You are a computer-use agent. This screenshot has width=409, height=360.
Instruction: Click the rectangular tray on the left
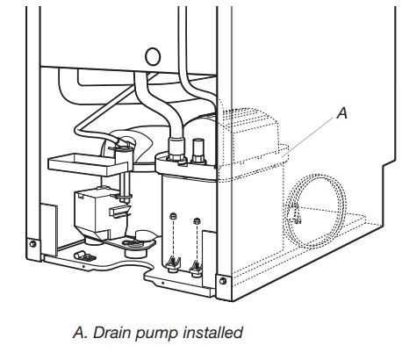point(82,161)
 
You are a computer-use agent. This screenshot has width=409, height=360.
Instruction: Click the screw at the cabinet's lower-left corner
point(32,243)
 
